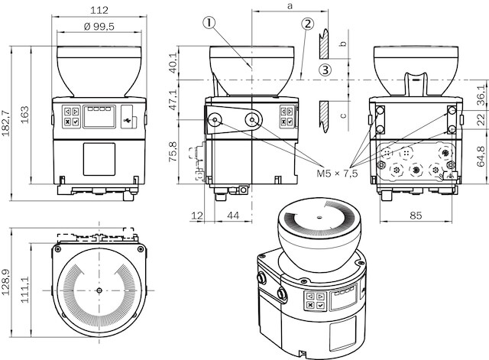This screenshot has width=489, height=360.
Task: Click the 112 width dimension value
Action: point(99,10)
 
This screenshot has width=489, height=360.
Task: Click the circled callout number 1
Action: point(209,23)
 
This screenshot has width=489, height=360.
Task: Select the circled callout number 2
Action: point(307,23)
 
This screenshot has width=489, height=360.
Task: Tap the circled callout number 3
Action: point(325,70)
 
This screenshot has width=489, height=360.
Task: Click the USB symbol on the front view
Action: point(128,119)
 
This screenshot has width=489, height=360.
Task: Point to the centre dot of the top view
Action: point(99,291)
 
